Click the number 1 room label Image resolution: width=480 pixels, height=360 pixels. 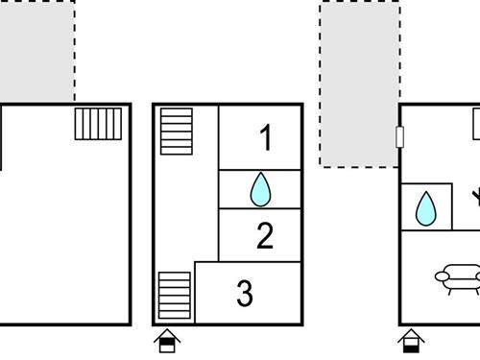[x=266, y=137]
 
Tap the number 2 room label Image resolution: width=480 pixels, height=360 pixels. [x=265, y=235]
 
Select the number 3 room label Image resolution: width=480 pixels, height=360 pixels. [x=245, y=293]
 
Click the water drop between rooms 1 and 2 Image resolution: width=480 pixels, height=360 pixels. [x=260, y=189]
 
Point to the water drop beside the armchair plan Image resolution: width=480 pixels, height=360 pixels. [x=426, y=208]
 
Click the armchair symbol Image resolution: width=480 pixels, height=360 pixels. [x=458, y=278]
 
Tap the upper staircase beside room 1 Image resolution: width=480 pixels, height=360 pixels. [x=177, y=132]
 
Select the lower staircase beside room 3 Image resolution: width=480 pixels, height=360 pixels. [x=175, y=296]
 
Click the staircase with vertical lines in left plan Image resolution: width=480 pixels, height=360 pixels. [x=98, y=124]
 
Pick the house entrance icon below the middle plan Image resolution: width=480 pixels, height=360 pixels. [x=167, y=341]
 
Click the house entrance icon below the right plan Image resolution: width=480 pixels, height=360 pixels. [x=411, y=341]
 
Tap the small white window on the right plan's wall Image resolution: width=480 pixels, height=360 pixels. [x=399, y=137]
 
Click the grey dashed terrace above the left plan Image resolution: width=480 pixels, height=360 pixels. [x=37, y=51]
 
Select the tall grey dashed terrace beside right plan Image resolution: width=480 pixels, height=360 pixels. [x=359, y=84]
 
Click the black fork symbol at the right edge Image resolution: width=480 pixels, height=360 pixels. [x=476, y=197]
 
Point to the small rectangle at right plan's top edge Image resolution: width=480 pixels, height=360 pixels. [x=476, y=124]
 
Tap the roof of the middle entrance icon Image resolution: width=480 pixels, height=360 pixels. [x=167, y=335]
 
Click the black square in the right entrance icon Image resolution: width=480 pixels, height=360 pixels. [x=411, y=348]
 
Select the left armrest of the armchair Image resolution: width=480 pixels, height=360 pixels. [x=441, y=276]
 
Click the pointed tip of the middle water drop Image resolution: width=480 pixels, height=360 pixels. [x=261, y=173]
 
